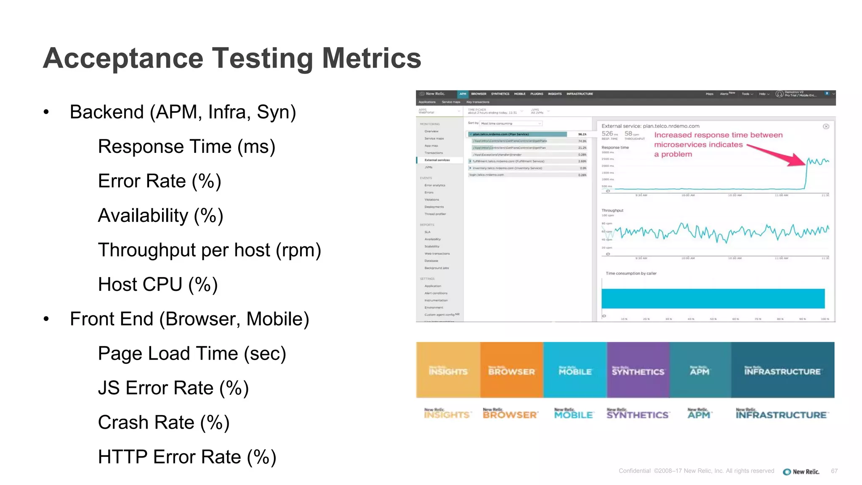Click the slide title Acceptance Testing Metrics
(232, 58)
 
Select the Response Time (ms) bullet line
(186, 147)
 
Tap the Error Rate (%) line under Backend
(160, 181)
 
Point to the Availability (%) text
(160, 216)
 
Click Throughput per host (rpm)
(209, 250)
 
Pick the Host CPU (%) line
(158, 285)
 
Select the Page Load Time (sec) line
(192, 354)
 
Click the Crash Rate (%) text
(164, 423)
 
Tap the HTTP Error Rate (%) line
(187, 457)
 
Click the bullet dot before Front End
(46, 319)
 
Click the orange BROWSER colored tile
(511, 370)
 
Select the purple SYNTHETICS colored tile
(638, 370)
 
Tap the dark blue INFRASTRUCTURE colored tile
(782, 370)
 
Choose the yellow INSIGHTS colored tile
(448, 370)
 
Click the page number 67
(834, 471)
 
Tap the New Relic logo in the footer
(801, 472)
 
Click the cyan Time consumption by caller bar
(713, 298)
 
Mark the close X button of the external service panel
(826, 126)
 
